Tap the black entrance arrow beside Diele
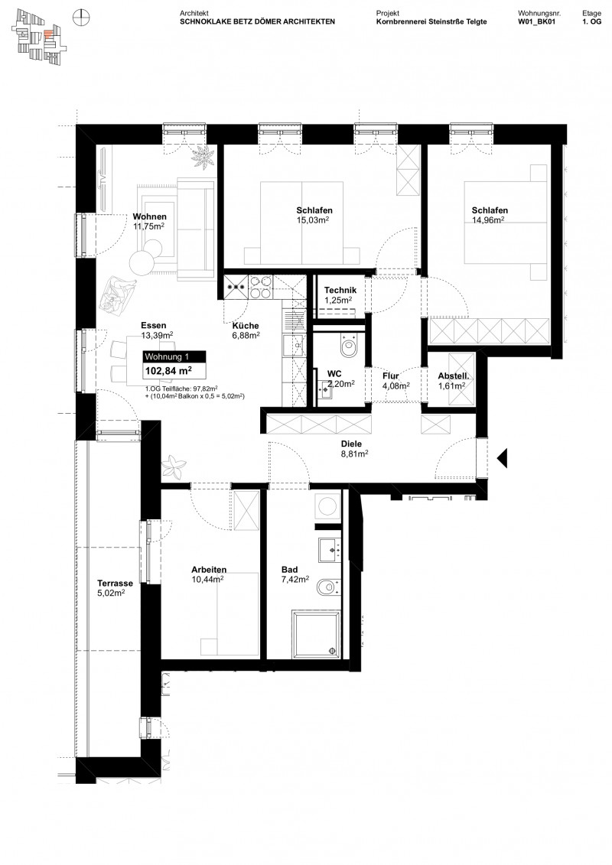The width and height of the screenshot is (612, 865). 503,458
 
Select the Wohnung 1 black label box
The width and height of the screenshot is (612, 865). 174,357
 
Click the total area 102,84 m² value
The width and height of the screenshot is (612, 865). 168,372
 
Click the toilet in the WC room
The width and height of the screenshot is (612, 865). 350,347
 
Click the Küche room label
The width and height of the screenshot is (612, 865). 246,325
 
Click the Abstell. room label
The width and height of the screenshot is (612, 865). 453,376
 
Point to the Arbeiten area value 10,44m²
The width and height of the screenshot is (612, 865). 207,580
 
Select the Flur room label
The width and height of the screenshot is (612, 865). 392,376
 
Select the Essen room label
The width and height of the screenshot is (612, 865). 154,325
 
